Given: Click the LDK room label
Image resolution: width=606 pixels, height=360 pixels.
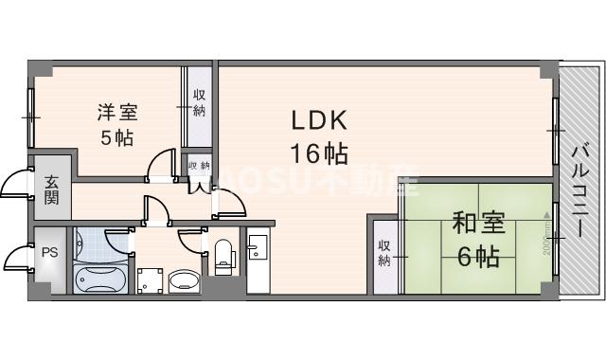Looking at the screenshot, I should click(x=318, y=121).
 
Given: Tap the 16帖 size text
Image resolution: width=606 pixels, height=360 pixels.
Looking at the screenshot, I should click(x=318, y=152).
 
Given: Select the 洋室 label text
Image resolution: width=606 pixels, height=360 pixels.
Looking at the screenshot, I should click(x=117, y=112).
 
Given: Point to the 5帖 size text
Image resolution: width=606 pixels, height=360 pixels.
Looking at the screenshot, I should click(x=117, y=136).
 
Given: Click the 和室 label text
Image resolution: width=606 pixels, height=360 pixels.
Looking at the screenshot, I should click(x=478, y=225).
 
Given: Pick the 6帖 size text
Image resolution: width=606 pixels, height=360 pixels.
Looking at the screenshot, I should click(x=478, y=256).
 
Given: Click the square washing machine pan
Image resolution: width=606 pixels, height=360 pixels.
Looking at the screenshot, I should click(x=149, y=280).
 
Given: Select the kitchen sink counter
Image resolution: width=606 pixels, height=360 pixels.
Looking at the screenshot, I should click(x=258, y=261).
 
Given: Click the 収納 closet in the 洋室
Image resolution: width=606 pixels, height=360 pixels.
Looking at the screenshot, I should click(x=199, y=103).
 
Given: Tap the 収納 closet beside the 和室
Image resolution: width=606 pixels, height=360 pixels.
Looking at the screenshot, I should click(x=384, y=254).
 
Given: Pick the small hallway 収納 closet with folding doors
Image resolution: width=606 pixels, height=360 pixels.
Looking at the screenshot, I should click(x=199, y=166).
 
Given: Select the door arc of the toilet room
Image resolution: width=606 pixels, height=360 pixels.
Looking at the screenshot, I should click(x=192, y=244).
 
